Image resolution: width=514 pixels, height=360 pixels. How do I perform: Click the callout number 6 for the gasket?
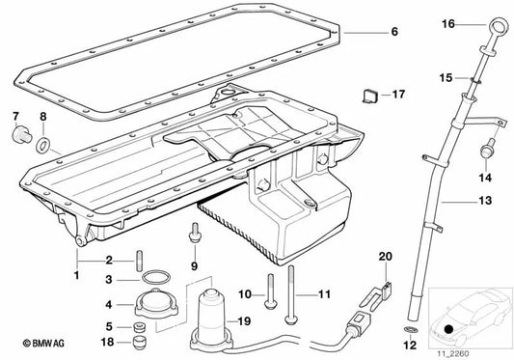(394, 32)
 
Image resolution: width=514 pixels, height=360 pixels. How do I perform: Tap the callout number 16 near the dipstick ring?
(473, 23)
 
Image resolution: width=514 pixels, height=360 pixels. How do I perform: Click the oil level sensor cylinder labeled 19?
(211, 309)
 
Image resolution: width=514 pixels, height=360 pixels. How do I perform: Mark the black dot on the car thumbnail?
(448, 329)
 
